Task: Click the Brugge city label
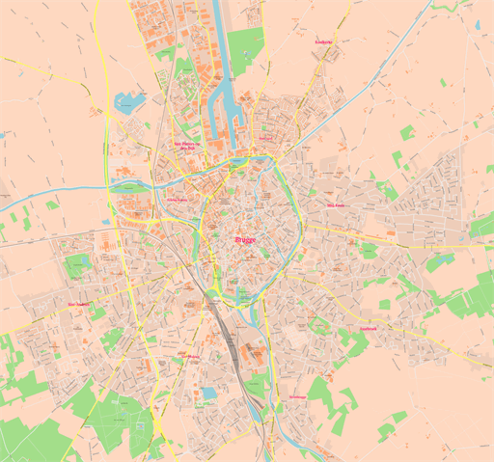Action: click(245, 239)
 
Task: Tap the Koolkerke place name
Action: click(324, 42)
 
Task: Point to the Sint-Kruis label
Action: click(336, 205)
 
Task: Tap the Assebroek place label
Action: click(368, 328)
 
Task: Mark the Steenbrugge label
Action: click(295, 397)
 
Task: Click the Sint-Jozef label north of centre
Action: click(265, 138)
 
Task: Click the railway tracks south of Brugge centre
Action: click(229, 333)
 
